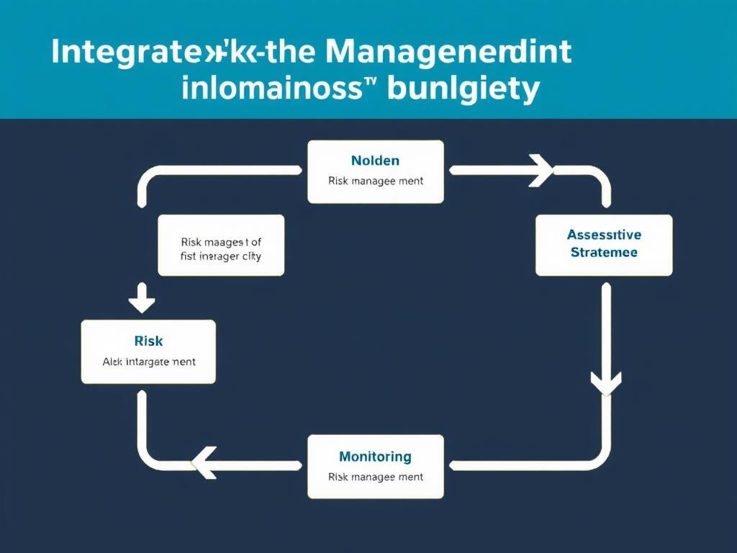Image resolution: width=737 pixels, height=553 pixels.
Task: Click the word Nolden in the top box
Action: pyautogui.click(x=375, y=161)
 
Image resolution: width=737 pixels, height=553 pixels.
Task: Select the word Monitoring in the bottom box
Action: pyautogui.click(x=375, y=457)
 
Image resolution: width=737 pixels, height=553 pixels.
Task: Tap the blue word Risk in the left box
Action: pyautogui.click(x=148, y=341)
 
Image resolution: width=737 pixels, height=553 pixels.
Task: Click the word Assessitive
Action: pyautogui.click(x=604, y=235)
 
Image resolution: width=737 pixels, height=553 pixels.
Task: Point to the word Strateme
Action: pyautogui.click(x=604, y=253)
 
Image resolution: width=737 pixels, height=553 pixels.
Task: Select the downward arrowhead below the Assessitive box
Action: pyautogui.click(x=605, y=382)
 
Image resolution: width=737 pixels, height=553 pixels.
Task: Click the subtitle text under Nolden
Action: pyautogui.click(x=375, y=181)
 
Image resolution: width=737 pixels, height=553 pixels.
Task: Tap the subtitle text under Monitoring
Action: pyautogui.click(x=375, y=477)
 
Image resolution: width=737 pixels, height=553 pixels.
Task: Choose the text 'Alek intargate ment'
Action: pyautogui.click(x=148, y=361)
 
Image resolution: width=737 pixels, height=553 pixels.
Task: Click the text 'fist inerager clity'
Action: pyautogui.click(x=221, y=257)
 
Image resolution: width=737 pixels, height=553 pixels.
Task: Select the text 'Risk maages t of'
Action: pyautogui.click(x=221, y=243)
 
